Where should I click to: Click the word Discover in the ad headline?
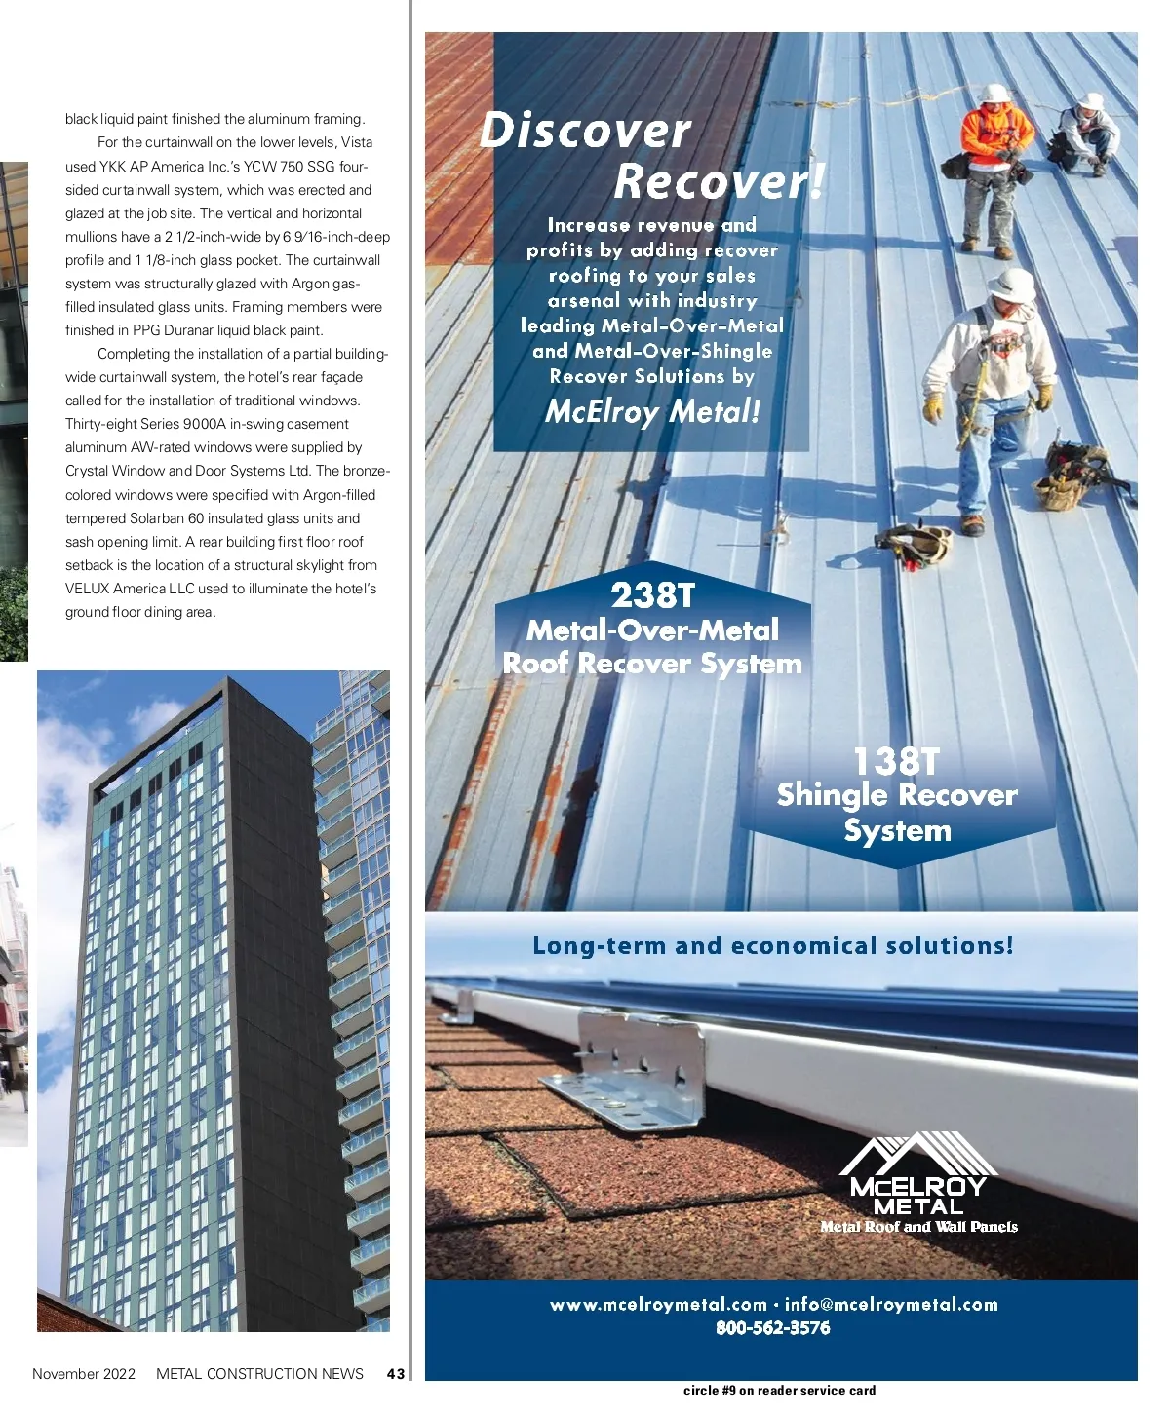pyautogui.click(x=585, y=132)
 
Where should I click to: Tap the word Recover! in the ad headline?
pyautogui.click(x=720, y=181)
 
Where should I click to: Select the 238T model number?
pyautogui.click(x=653, y=593)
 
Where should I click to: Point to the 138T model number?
pyautogui.click(x=897, y=761)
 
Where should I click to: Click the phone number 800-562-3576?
pyautogui.click(x=772, y=1328)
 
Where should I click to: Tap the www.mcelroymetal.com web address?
pyautogui.click(x=658, y=1305)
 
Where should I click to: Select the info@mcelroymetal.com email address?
pyautogui.click(x=891, y=1305)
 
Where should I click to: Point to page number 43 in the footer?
pyautogui.click(x=395, y=1374)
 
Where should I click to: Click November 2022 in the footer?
pyautogui.click(x=84, y=1374)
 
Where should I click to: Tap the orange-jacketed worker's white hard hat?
pyautogui.click(x=994, y=94)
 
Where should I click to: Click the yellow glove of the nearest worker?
pyautogui.click(x=933, y=407)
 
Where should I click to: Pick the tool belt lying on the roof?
pyautogui.click(x=916, y=544)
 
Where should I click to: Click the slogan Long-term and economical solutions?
pyautogui.click(x=772, y=946)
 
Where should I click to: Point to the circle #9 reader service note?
pyautogui.click(x=779, y=1392)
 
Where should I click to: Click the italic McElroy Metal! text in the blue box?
pyautogui.click(x=652, y=412)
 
